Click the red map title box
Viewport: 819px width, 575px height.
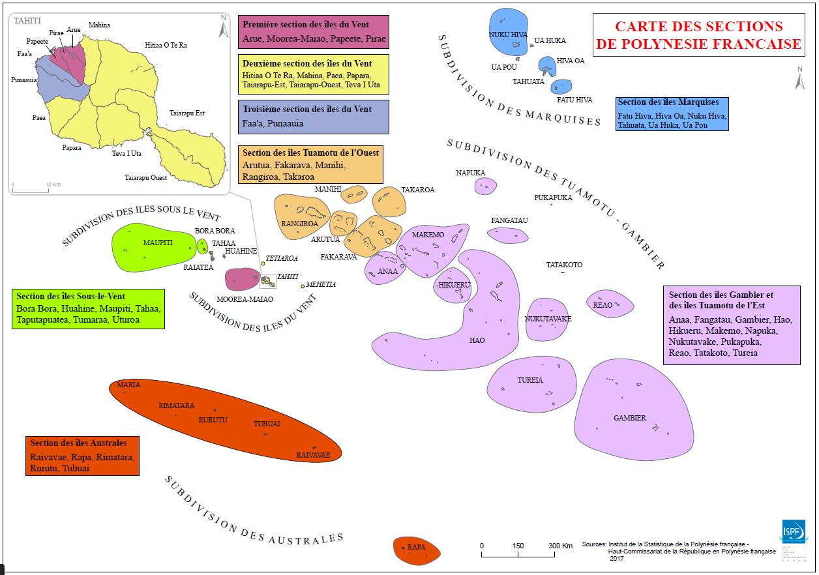(698, 36)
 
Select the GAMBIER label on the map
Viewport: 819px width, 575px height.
(630, 418)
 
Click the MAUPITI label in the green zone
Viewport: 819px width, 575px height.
(158, 243)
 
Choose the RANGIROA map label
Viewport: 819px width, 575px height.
(299, 224)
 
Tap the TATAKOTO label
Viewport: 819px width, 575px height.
(564, 265)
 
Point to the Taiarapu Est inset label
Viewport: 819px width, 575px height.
(187, 113)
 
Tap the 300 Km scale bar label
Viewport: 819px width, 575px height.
(559, 546)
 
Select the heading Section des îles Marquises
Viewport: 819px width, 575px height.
(668, 102)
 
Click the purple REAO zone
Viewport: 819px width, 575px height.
(610, 304)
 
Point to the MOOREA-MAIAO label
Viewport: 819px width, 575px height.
(245, 299)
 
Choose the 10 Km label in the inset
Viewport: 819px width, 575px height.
(53, 184)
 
